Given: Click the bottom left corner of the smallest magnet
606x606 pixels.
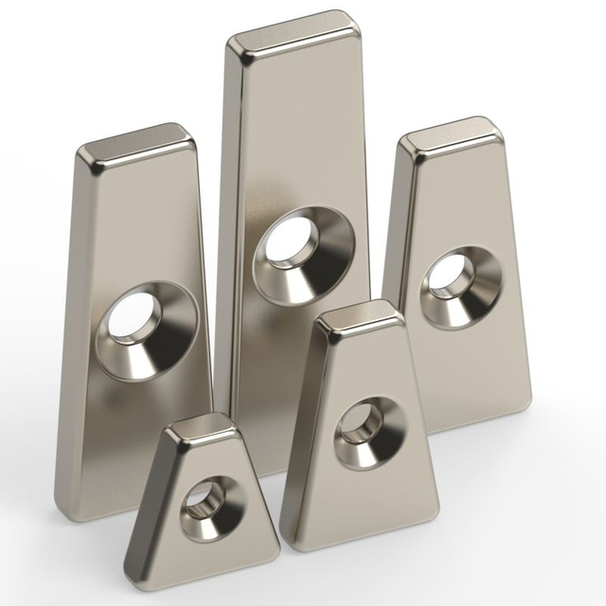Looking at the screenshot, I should click(x=131, y=557).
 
